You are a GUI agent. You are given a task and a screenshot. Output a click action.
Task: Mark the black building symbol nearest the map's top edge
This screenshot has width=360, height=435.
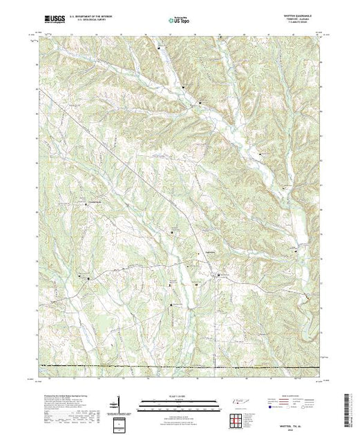pos(161,48)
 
